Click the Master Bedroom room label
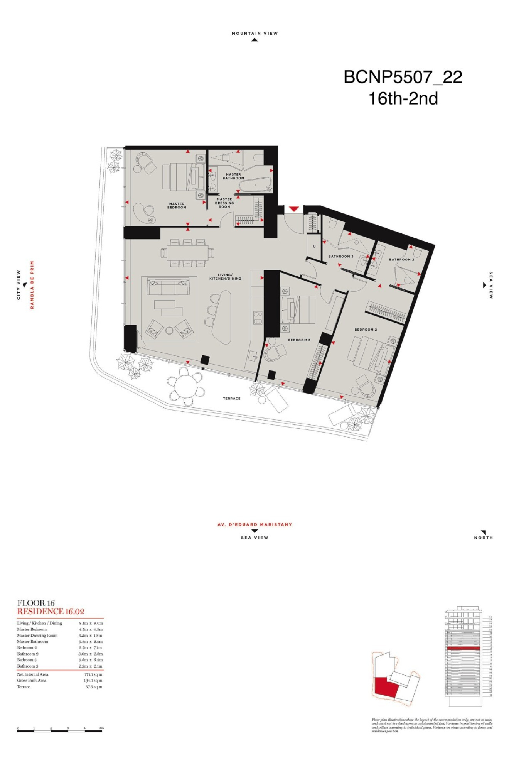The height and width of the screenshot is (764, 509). (177, 206)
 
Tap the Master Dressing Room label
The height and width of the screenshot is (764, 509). (224, 203)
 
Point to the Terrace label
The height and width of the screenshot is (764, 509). (231, 399)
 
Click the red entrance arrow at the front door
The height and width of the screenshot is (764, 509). (294, 209)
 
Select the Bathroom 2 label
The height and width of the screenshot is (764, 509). (401, 260)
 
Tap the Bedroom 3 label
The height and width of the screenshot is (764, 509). (299, 340)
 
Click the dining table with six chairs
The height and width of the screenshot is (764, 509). (187, 253)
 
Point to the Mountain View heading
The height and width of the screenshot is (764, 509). (254, 34)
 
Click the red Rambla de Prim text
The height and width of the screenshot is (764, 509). (32, 285)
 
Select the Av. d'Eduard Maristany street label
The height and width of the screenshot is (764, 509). (254, 524)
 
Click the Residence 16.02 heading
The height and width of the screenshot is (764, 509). (51, 612)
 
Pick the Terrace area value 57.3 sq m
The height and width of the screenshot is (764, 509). (94, 687)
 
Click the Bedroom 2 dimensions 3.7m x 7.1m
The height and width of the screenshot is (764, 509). (91, 648)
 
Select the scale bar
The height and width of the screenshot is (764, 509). (60, 731)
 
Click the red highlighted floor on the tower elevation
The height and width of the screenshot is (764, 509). (463, 649)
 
